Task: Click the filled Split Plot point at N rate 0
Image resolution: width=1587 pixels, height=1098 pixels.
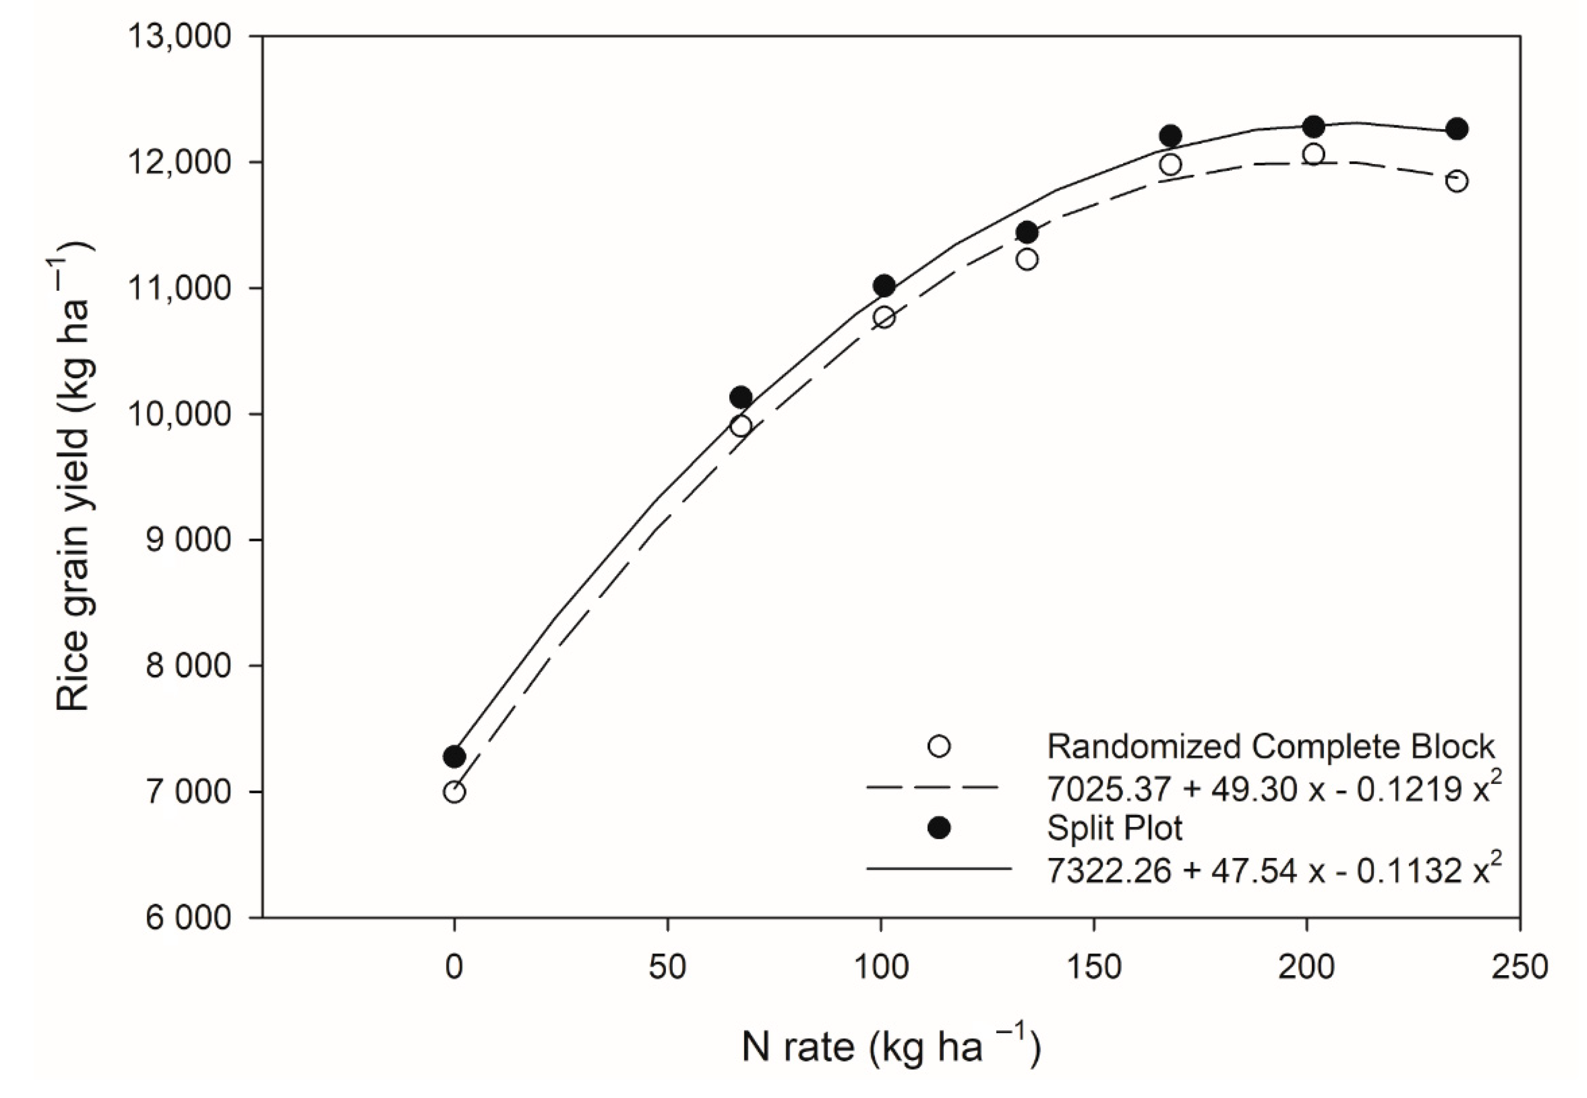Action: point(454,757)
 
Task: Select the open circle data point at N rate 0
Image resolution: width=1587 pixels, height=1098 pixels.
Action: point(454,792)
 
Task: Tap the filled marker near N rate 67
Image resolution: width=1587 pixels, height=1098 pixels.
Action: point(740,397)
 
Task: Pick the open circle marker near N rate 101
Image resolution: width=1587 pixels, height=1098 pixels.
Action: point(884,317)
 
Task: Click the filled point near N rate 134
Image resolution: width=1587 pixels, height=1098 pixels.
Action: point(1027,233)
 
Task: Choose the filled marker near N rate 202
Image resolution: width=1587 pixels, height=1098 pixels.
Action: point(1314,127)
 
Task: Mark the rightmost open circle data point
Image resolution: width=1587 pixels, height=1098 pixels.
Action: point(1457,181)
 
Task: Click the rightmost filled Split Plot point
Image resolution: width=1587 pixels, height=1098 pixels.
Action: point(1457,129)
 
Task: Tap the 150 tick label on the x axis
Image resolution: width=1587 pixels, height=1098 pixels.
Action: point(1093,967)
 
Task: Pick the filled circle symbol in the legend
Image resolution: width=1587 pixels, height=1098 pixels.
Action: point(939,828)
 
